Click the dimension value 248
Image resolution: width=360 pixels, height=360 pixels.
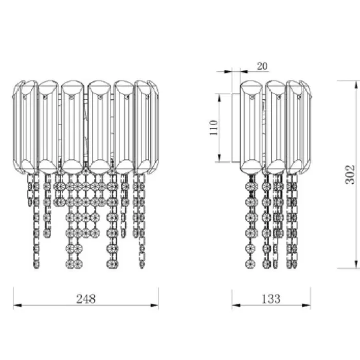point(86,299)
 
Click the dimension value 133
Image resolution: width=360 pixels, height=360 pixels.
point(271,299)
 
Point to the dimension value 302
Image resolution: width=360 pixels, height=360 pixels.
point(350,174)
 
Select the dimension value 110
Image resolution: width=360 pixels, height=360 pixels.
point(213,128)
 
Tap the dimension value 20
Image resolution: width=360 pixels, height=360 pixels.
point(262,66)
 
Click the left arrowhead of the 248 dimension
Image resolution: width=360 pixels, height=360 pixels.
point(17,305)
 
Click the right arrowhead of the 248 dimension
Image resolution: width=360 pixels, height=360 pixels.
point(154,305)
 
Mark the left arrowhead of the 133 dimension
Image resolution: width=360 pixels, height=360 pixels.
point(236,305)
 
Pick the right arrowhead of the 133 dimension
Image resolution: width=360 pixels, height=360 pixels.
point(307,305)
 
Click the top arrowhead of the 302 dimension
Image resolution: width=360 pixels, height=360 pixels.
point(356,85)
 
